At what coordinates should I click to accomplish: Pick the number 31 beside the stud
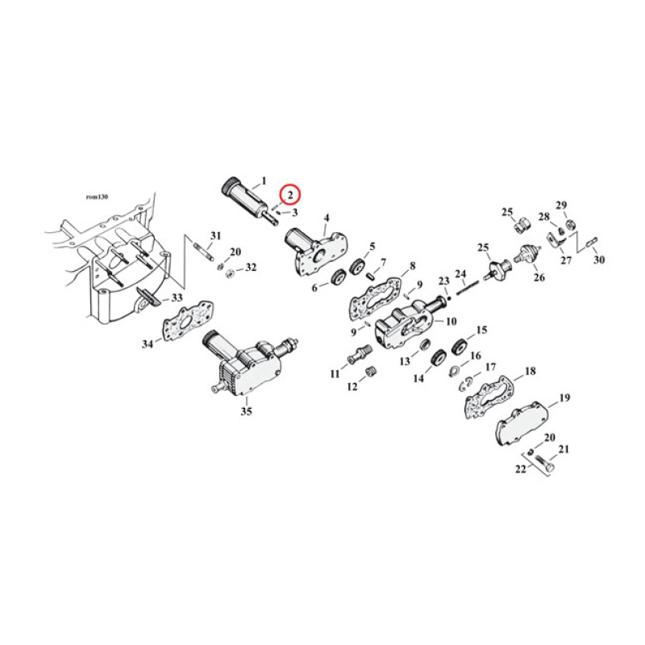(x=215, y=235)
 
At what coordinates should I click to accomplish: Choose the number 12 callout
(x=352, y=388)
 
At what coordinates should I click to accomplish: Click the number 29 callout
(x=561, y=205)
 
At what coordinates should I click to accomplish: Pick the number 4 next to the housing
(x=327, y=218)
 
